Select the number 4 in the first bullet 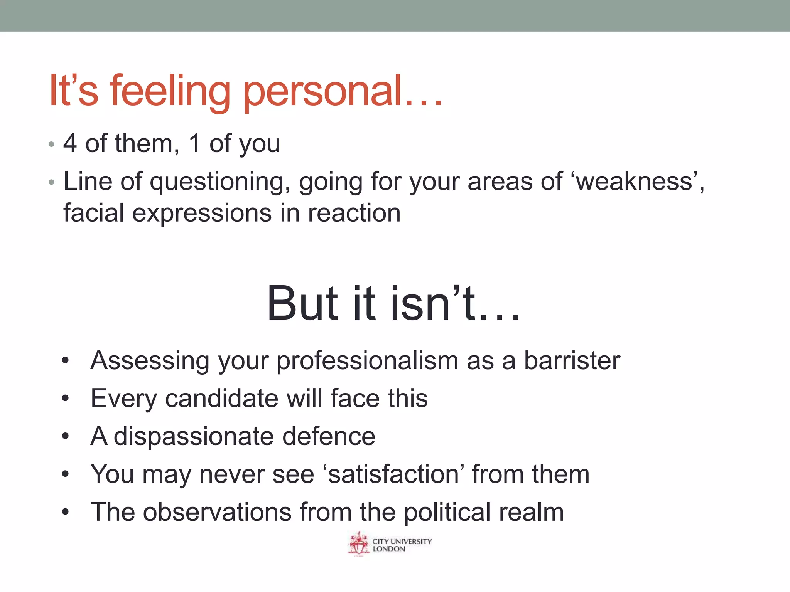coord(70,143)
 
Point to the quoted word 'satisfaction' coord(393,474)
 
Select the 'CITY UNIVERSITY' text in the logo coord(402,541)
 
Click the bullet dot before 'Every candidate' coord(65,399)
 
